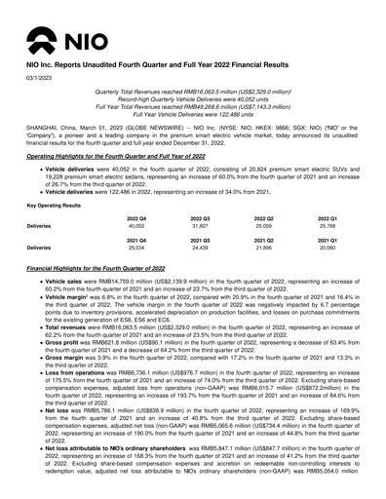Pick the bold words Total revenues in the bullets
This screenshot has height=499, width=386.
coord(61,355)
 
